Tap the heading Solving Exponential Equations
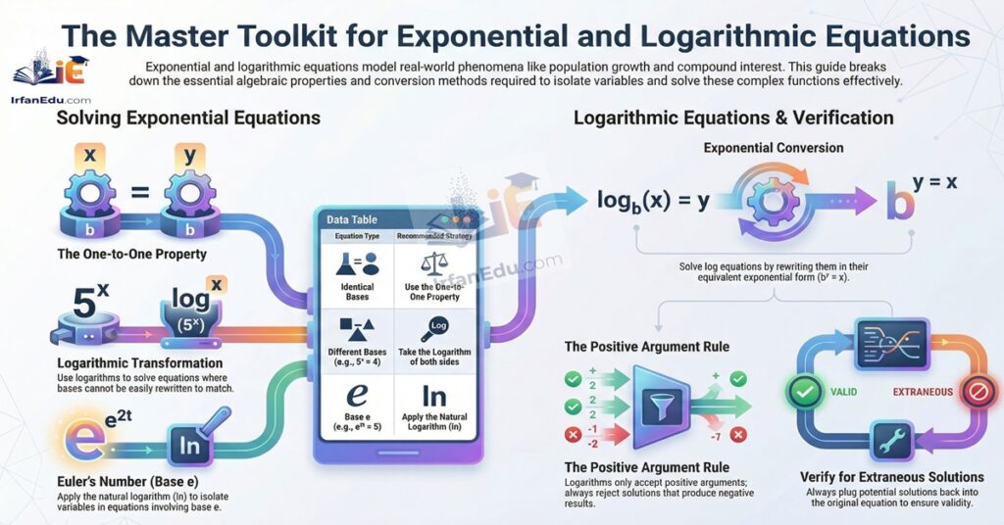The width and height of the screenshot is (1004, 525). coord(187,119)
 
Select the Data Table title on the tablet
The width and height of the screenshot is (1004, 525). coord(352,220)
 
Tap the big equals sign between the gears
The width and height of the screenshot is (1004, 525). coord(140,194)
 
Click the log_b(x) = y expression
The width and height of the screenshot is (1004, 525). coord(655,201)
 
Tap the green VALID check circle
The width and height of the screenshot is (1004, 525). coord(802,393)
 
